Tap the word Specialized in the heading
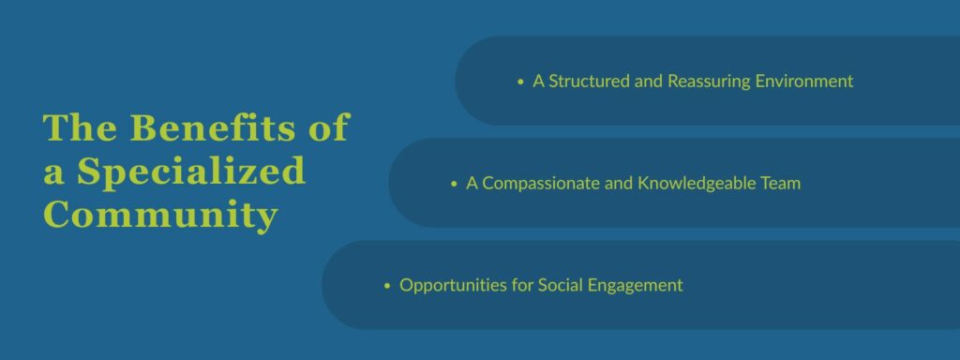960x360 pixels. coord(191,172)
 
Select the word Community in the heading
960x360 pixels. coord(160,216)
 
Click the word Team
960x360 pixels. coord(783,184)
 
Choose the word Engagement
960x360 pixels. coord(637,285)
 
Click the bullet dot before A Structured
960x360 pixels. coord(521,82)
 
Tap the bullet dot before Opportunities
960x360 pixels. coord(387,286)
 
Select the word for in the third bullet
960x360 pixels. coord(520,285)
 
